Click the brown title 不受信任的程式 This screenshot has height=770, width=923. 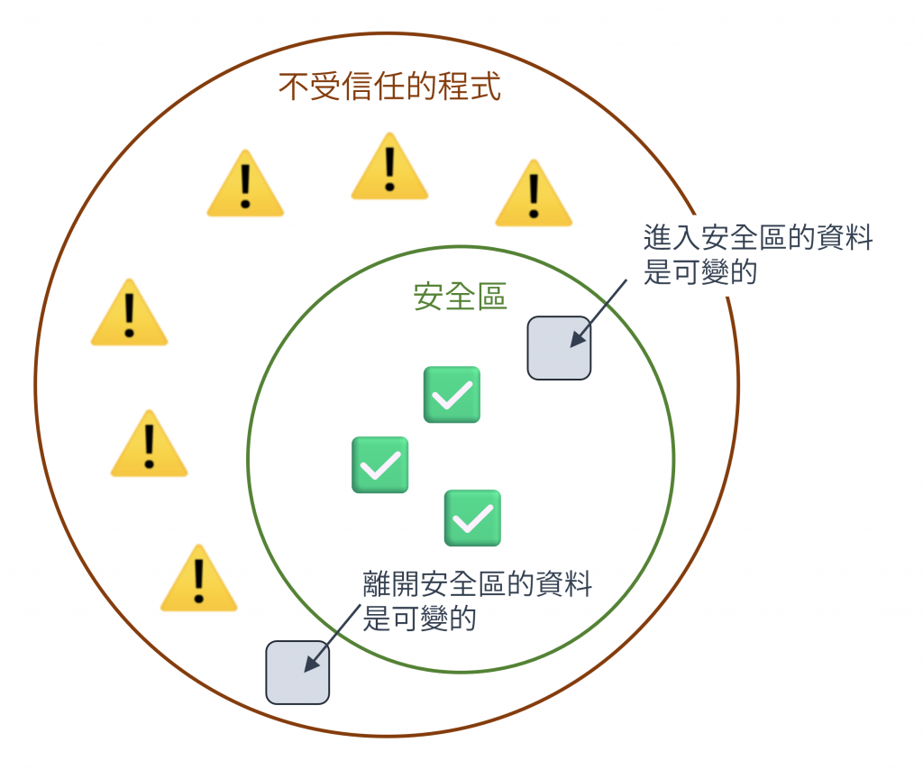tap(389, 88)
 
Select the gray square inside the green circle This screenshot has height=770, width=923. tap(559, 347)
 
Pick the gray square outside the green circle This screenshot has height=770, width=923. tap(297, 672)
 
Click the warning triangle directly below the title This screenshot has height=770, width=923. tap(389, 168)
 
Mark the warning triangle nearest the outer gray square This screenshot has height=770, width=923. tap(198, 580)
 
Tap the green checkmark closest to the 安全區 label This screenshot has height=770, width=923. tap(452, 394)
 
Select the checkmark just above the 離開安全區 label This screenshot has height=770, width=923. tap(472, 518)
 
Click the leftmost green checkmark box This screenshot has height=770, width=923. tap(379, 464)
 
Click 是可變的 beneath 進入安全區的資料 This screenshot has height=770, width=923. tap(699, 271)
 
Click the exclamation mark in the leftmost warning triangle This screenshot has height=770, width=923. tap(129, 313)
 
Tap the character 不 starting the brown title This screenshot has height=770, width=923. tap(290, 88)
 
